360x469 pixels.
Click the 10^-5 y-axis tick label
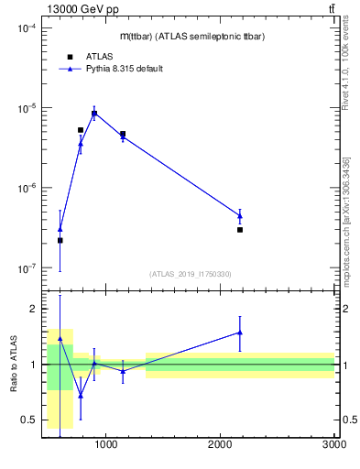(x=24, y=108)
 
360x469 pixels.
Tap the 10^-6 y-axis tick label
(x=24, y=189)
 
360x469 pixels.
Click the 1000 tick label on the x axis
(x=106, y=445)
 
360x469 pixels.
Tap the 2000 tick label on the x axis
(x=221, y=445)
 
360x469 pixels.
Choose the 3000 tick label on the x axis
(x=334, y=445)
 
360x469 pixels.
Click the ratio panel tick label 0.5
(x=27, y=420)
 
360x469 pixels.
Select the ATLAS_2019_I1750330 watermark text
(x=190, y=274)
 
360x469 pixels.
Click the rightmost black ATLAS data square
(x=240, y=230)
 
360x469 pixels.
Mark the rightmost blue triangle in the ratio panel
(x=240, y=333)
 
